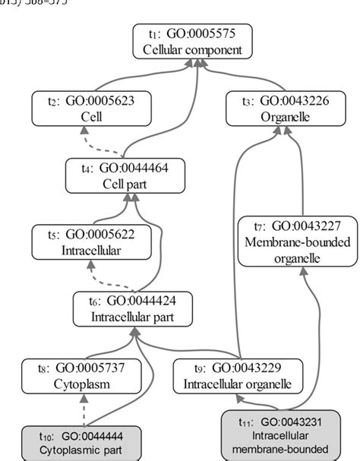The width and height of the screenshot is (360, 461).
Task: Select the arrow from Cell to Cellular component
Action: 129,77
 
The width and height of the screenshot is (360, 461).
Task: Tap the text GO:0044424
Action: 144,301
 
